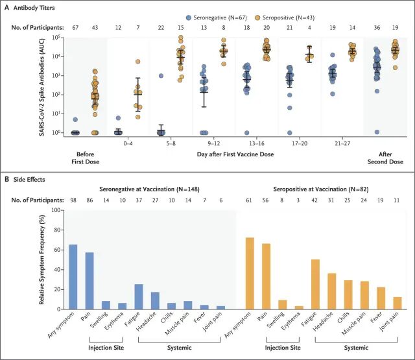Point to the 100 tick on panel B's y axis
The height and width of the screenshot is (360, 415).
pyautogui.click(x=54, y=210)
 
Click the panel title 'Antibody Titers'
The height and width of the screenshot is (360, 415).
pyautogui.click(x=40, y=7)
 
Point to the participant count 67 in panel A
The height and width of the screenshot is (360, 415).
pyautogui.click(x=75, y=27)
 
